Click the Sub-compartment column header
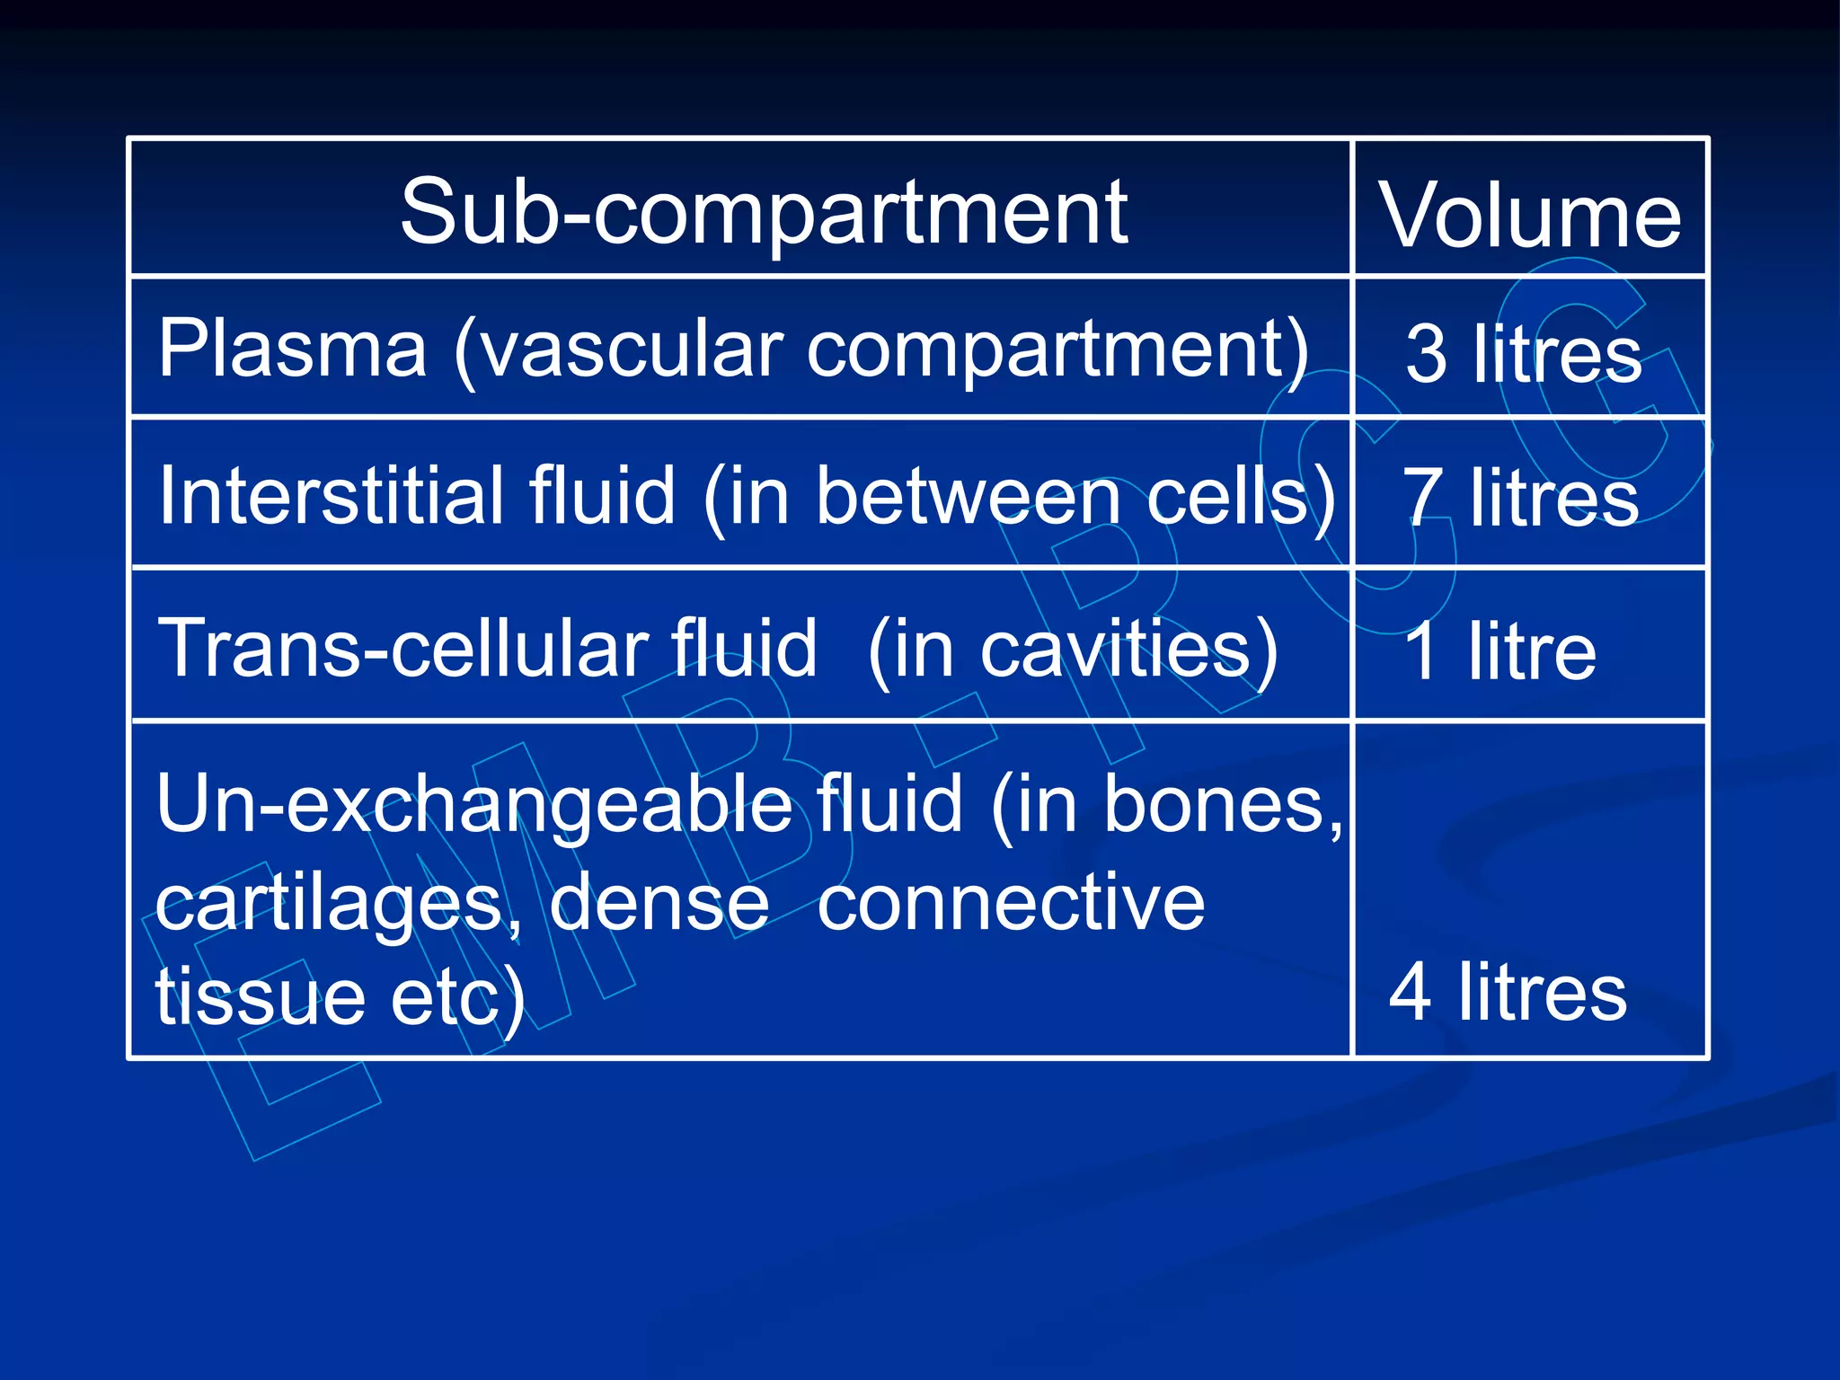tap(764, 212)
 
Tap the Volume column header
tap(1529, 216)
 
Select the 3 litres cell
tap(1524, 353)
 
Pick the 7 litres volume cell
tap(1520, 497)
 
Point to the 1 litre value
tap(1500, 650)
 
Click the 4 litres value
tap(1508, 991)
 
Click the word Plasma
tap(292, 349)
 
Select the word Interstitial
tap(328, 495)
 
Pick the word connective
tap(1011, 902)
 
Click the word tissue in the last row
tap(261, 997)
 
